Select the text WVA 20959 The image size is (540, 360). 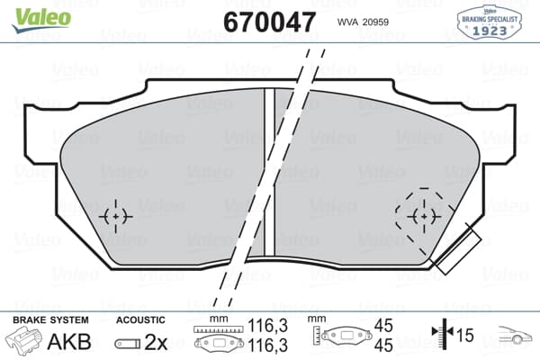362,22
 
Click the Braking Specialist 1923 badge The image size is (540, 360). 490,19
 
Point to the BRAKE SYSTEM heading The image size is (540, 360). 49,319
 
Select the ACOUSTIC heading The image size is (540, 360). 140,319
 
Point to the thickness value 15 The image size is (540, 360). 466,336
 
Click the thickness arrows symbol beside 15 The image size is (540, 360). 442,336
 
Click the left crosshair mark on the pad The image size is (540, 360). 115,216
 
